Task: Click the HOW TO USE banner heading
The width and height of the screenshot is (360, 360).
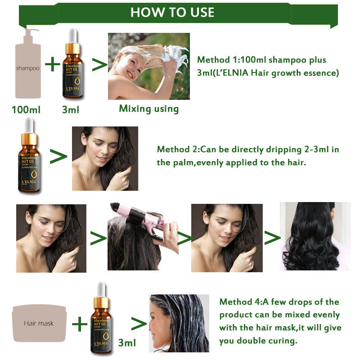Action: point(172,12)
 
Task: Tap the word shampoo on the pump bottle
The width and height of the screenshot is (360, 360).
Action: point(27,68)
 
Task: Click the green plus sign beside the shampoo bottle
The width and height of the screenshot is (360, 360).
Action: point(53,65)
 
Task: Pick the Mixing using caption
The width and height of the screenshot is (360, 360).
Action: point(148,108)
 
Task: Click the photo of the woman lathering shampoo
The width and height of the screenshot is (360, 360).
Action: point(148,66)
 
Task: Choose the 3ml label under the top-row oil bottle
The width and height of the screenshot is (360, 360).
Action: point(71,109)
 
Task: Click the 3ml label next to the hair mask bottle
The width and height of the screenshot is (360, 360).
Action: point(127,343)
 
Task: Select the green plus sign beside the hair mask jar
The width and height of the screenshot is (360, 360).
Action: point(80,324)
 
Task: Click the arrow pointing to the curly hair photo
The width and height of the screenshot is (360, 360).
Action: point(272,238)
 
